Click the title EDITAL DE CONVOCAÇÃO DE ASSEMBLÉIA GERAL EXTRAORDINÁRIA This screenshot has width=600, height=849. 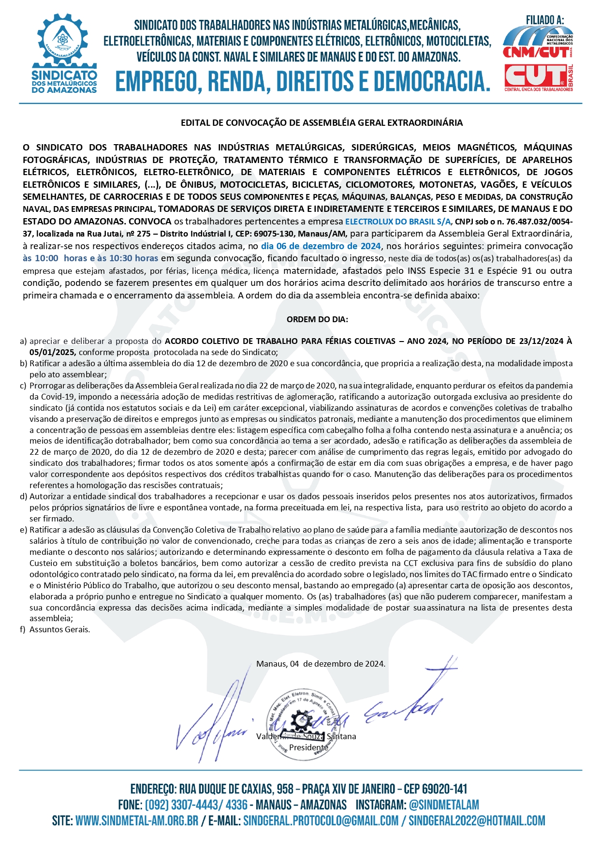322,123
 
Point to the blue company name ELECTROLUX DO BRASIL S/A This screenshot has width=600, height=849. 397,222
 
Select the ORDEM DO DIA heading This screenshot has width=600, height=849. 317,319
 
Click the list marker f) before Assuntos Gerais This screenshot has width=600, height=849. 23,629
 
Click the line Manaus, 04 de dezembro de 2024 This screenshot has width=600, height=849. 321,664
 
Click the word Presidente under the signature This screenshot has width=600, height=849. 308,747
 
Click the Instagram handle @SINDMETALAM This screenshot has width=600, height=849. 444,805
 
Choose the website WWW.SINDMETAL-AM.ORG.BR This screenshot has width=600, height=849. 137,821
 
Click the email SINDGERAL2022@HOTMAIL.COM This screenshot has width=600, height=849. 477,821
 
